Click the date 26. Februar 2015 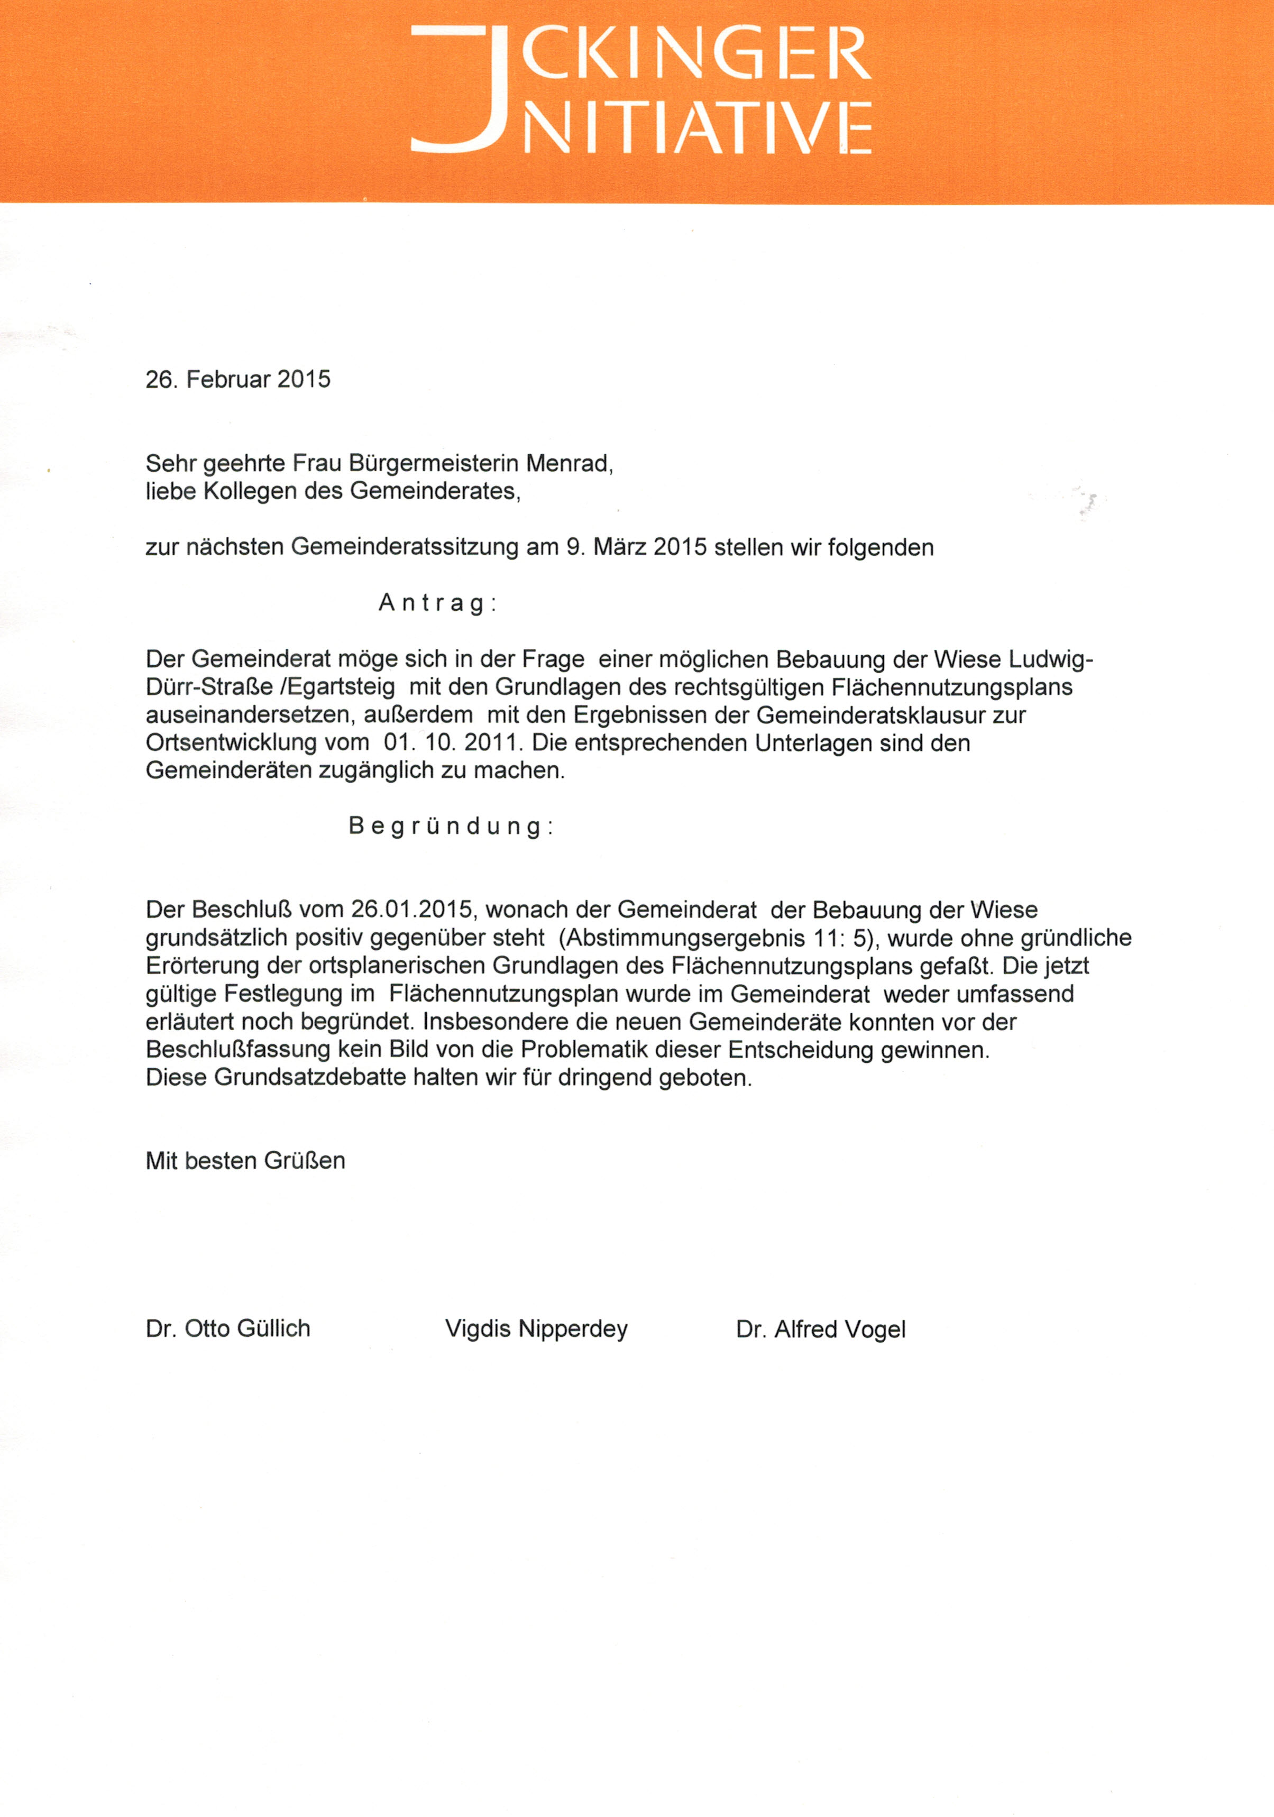click(237, 380)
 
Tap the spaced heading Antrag click(437, 603)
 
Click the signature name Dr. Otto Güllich click(228, 1329)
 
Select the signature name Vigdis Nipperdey click(536, 1329)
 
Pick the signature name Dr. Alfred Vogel click(821, 1329)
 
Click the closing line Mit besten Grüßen click(245, 1161)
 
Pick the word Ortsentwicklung click(231, 743)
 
